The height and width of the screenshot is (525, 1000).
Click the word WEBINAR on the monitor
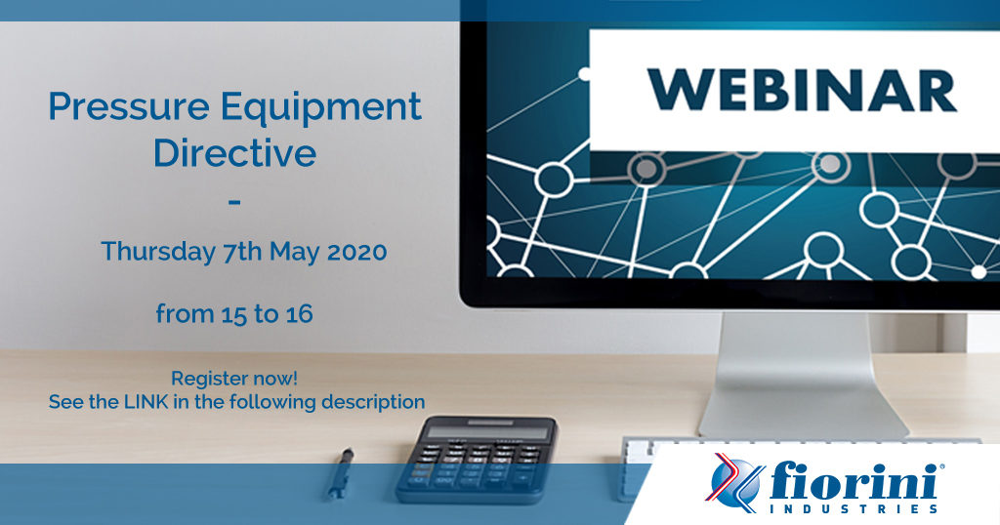tap(802, 91)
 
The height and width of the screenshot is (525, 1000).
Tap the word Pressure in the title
tap(129, 106)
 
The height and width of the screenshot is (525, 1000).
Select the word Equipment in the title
tap(320, 108)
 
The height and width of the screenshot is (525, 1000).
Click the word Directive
tap(234, 152)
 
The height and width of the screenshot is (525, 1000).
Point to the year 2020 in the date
tap(356, 252)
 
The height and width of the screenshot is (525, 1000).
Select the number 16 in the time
tap(299, 313)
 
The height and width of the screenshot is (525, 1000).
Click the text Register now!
tap(234, 379)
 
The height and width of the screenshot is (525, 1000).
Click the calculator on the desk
tap(476, 458)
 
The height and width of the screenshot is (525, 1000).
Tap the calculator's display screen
tap(488, 431)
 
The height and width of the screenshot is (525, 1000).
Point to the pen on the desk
tap(341, 472)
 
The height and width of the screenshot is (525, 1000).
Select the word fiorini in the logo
tap(854, 481)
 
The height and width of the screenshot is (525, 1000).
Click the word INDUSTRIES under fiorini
tap(854, 508)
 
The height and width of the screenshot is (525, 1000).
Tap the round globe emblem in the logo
tap(734, 483)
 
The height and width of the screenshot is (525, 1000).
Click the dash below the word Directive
tap(234, 203)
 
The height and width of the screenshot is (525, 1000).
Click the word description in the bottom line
tap(373, 403)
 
